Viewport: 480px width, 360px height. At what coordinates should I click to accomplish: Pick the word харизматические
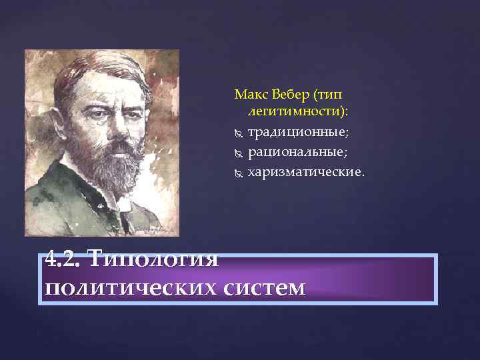point(306,173)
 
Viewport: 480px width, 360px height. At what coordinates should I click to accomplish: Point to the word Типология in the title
point(153,257)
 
